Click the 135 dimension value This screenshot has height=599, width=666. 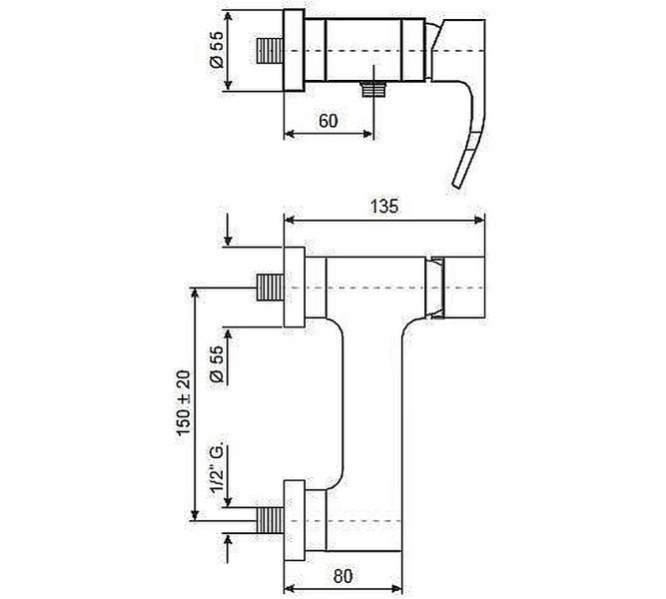384,207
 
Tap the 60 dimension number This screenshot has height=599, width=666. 328,121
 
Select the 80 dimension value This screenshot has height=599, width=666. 342,576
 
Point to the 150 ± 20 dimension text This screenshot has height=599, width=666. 185,402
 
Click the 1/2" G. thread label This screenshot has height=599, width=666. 217,469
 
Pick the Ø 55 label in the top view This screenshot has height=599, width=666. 217,50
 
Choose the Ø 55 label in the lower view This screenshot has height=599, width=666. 217,364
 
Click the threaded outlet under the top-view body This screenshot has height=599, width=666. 373,89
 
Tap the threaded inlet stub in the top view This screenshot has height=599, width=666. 271,51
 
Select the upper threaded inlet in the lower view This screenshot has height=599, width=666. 271,288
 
